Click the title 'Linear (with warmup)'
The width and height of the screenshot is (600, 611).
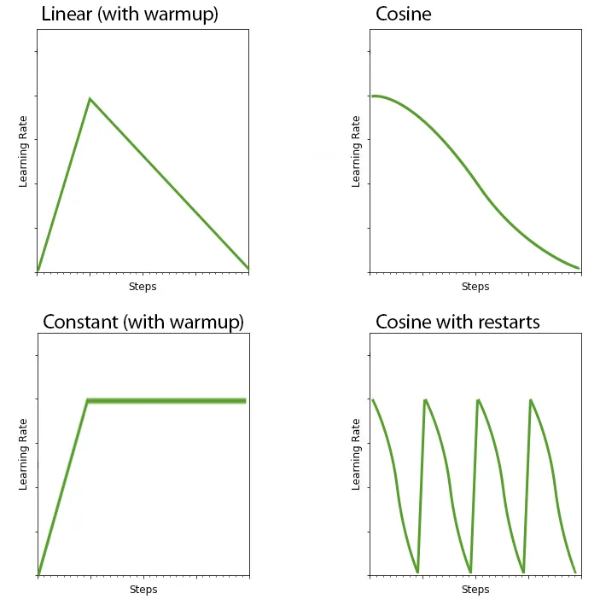[129, 15]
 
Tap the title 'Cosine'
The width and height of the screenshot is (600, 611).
[403, 15]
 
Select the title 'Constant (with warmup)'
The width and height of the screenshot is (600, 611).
[143, 322]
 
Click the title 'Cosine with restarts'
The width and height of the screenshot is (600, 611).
[457, 322]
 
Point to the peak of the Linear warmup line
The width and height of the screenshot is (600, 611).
[89, 99]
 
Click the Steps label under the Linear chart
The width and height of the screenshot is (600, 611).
[143, 287]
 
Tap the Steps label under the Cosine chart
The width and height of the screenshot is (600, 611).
[475, 287]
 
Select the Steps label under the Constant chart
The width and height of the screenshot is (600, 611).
[143, 590]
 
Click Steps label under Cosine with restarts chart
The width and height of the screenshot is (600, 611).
[475, 590]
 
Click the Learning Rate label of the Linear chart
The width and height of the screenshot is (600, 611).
[24, 152]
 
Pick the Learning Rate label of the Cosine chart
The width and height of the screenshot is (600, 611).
[356, 152]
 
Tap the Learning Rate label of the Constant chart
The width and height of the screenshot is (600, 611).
[24, 454]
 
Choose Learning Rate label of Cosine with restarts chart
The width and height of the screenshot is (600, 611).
[356, 454]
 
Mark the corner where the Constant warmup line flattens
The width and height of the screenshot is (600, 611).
[87, 400]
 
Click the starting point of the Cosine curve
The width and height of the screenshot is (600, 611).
[372, 96]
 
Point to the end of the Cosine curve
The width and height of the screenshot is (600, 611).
[579, 268]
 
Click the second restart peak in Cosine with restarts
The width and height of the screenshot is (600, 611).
[478, 399]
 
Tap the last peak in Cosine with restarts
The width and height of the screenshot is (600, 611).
[531, 399]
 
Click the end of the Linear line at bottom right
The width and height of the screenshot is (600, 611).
[248, 269]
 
